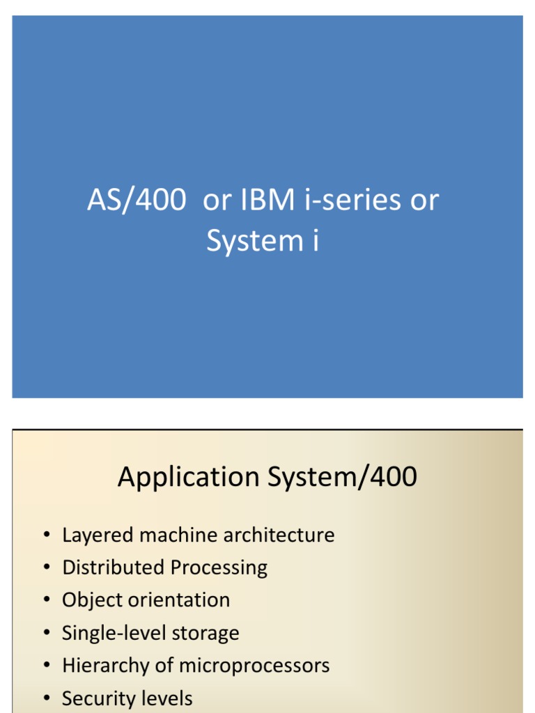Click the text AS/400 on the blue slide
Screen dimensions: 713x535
tap(137, 201)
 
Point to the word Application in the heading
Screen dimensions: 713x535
tap(187, 478)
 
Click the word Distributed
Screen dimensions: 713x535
tap(114, 567)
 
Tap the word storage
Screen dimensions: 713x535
tap(207, 634)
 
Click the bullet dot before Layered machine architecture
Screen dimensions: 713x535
tap(46, 536)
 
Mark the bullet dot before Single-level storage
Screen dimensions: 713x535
tap(46, 634)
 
